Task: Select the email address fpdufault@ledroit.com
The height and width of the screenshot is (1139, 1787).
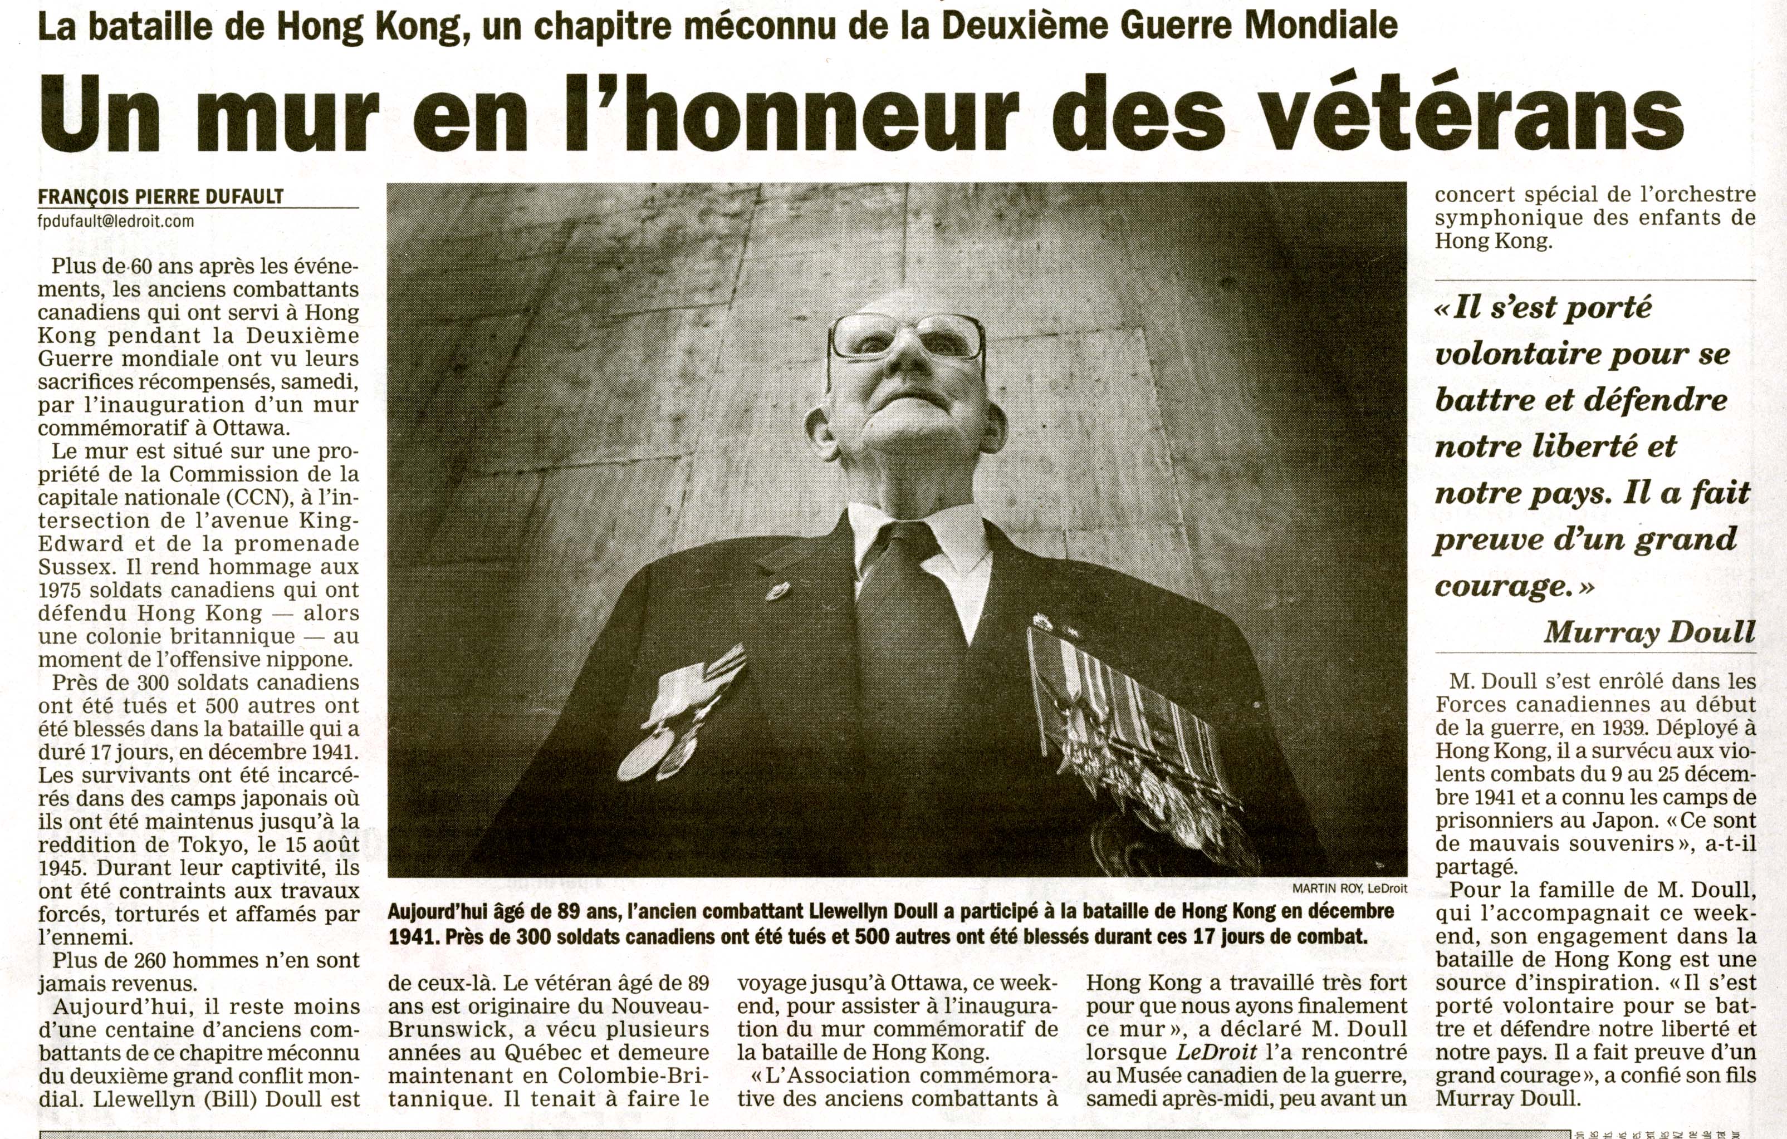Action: (x=116, y=221)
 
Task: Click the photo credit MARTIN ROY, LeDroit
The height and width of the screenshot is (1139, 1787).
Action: (x=1349, y=888)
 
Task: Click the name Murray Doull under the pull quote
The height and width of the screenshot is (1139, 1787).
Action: (x=1649, y=632)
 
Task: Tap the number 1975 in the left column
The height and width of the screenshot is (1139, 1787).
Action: (x=64, y=590)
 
